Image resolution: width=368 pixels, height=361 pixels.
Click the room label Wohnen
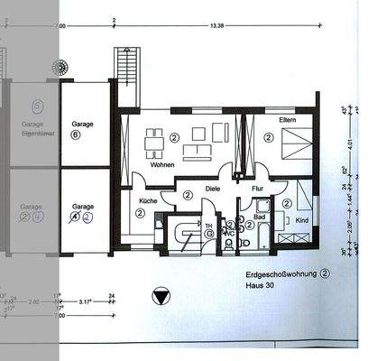163,165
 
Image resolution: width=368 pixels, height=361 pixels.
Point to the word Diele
213,189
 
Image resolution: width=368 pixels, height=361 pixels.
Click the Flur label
258,189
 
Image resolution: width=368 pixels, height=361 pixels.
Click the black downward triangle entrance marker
161,294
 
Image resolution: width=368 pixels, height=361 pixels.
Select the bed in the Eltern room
296,141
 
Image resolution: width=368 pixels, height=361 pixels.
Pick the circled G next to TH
209,233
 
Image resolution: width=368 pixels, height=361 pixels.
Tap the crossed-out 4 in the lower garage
76,218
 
